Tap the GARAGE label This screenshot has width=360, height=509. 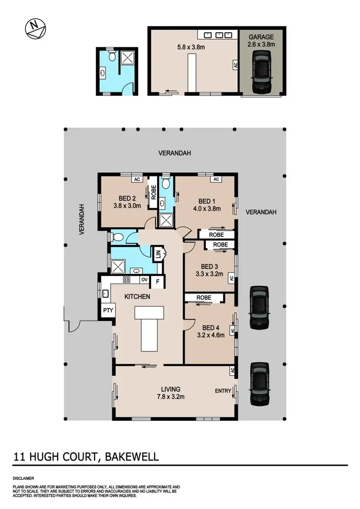coord(261,36)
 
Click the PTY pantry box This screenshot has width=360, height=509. coord(108,310)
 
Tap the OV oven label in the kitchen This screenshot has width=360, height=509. coord(144,280)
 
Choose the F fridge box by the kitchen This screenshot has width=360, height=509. coord(157,282)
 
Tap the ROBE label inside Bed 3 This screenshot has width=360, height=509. coord(220,244)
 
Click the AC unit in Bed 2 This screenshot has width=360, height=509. coord(136,179)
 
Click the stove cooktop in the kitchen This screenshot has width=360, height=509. coord(127,280)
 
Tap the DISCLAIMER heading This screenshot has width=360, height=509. coord(24,478)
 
